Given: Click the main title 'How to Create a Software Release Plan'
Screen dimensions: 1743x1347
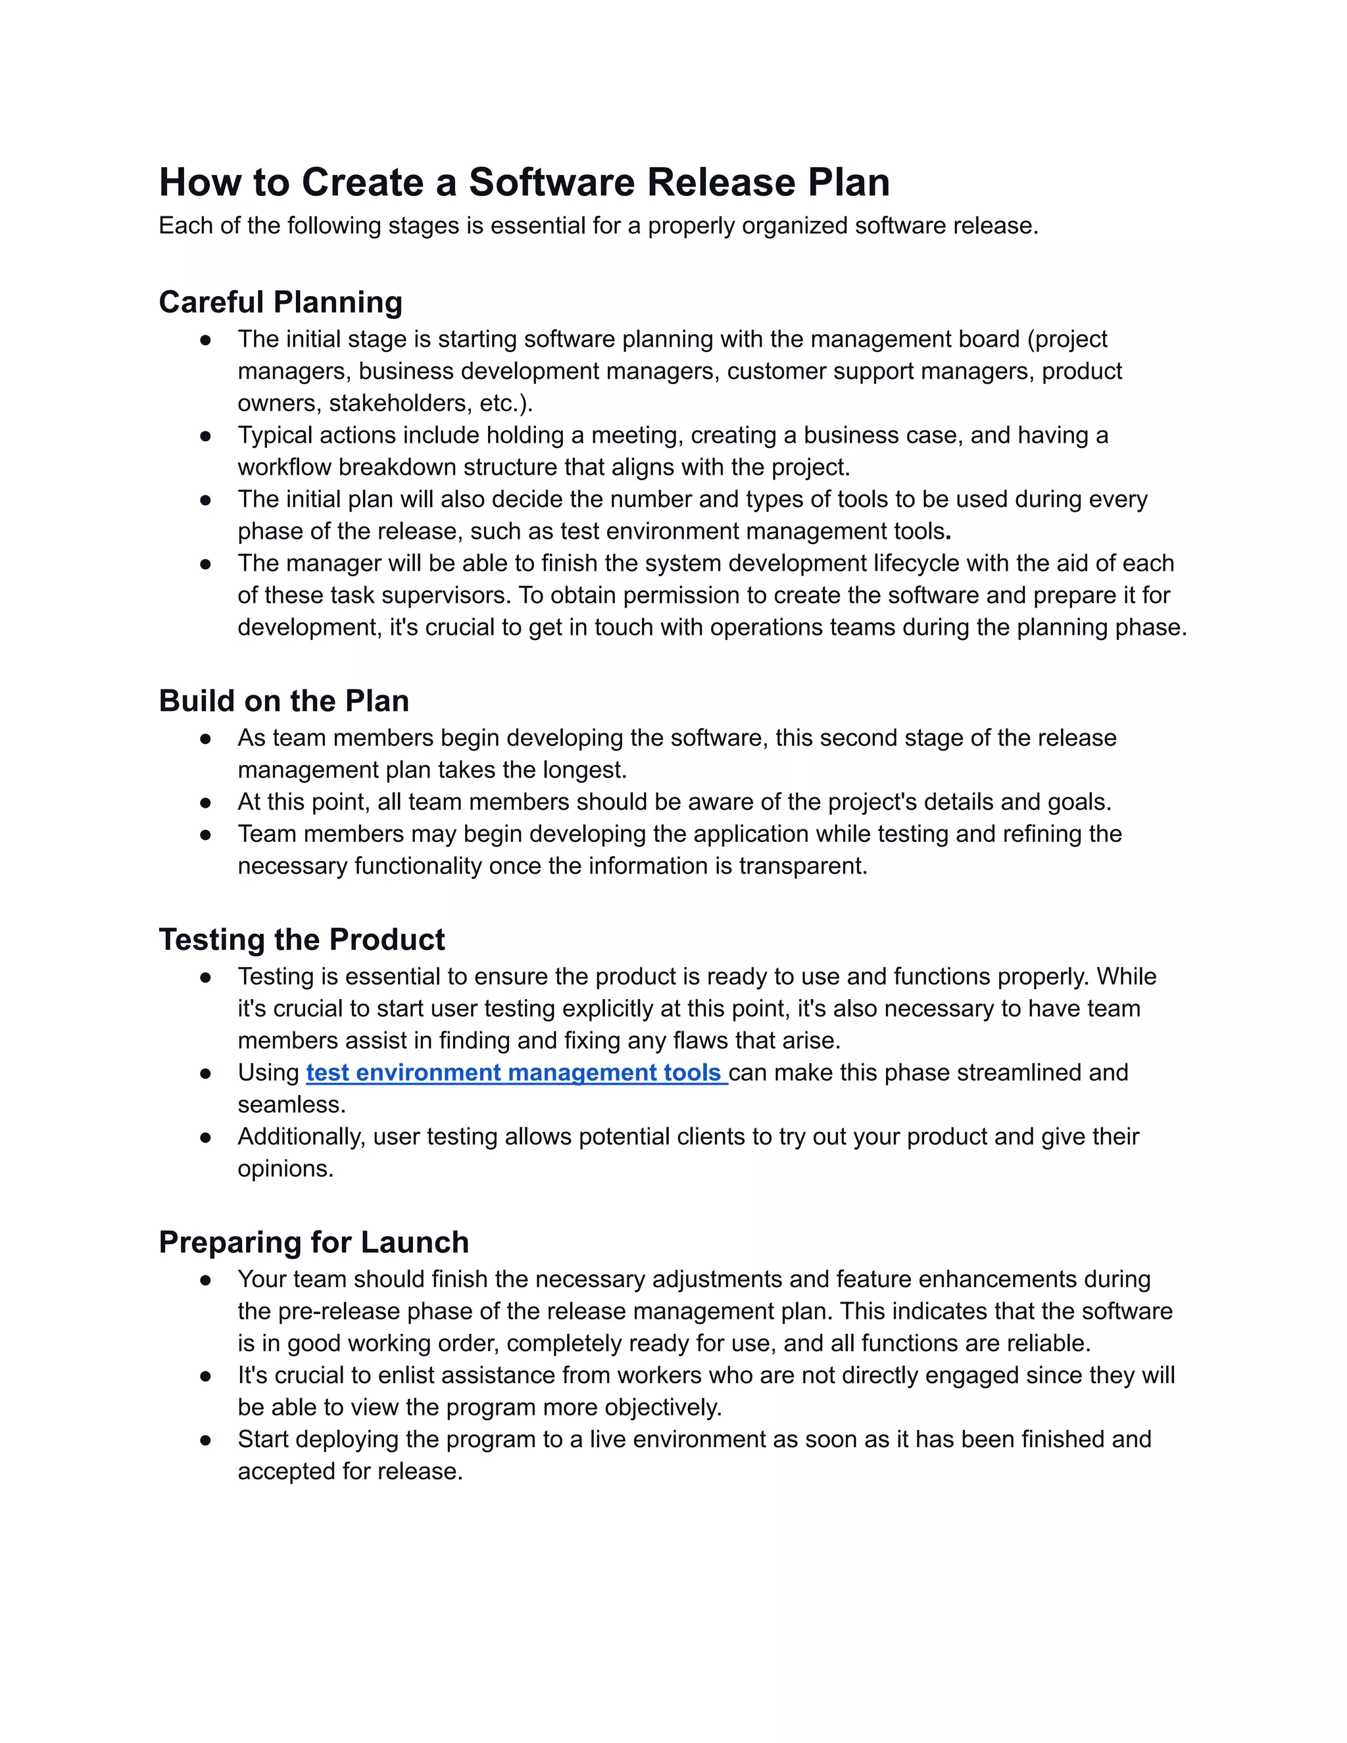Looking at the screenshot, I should pos(524,182).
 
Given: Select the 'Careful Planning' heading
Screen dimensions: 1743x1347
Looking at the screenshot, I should pos(280,303).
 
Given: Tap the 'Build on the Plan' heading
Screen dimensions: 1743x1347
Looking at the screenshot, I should pos(283,700).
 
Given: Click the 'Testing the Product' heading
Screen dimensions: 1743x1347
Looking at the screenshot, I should pos(302,939).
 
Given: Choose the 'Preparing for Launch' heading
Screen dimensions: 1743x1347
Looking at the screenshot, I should pos(314,1242).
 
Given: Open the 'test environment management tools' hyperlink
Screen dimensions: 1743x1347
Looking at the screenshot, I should pos(516,1073).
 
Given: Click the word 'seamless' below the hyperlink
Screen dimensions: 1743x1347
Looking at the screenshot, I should pos(289,1104).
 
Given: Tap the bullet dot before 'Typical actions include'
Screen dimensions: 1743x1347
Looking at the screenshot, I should pos(206,435).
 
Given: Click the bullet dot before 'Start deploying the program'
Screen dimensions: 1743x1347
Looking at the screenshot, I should pos(206,1440).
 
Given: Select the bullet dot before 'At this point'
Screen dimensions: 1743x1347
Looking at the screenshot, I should pos(206,802).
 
